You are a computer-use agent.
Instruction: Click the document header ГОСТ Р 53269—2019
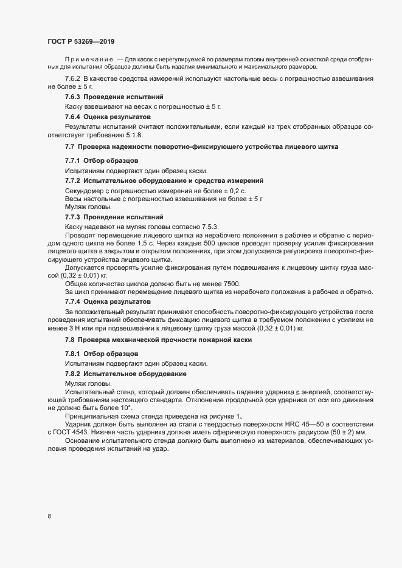pyautogui.click(x=82, y=41)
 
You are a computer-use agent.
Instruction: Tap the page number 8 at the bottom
pyautogui.click(x=49, y=516)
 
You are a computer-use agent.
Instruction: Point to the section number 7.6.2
pyautogui.click(x=73, y=80)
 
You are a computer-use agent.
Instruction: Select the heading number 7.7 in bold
pyautogui.click(x=69, y=147)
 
